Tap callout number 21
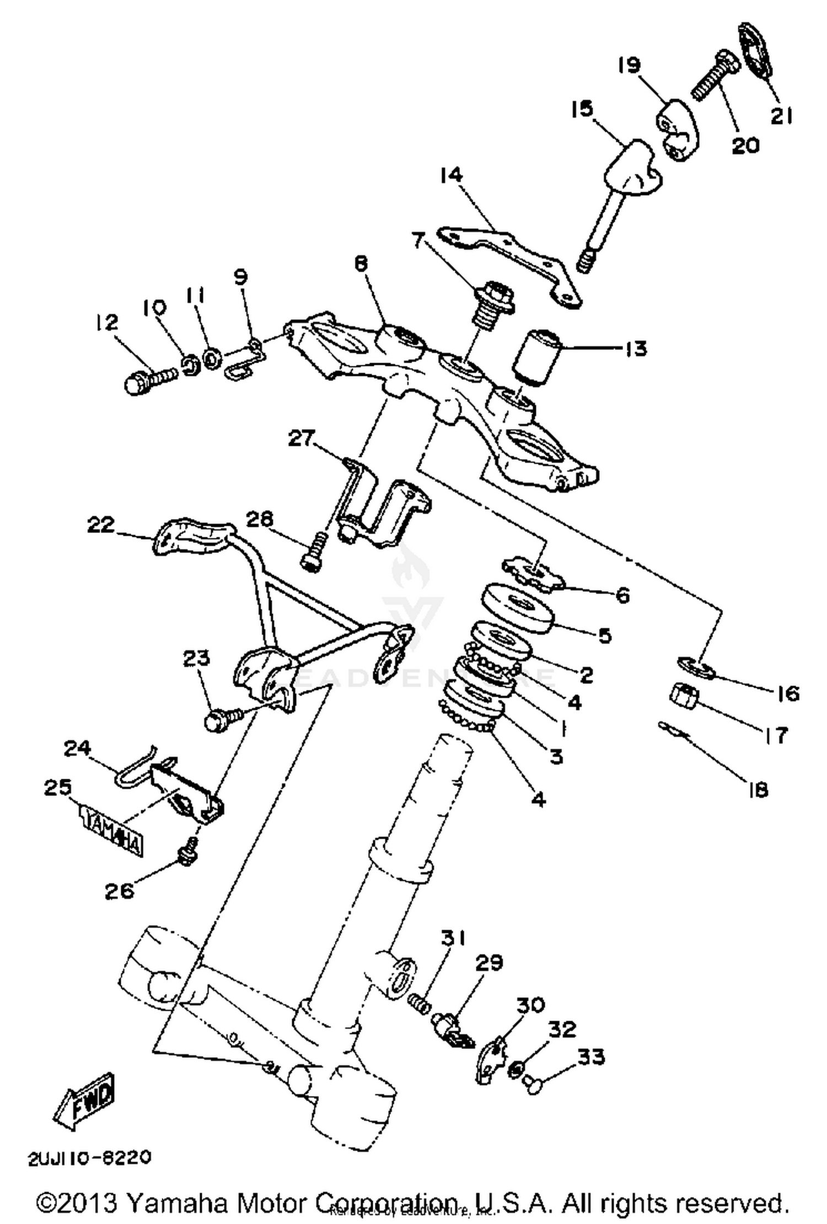pyautogui.click(x=781, y=116)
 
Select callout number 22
pyautogui.click(x=101, y=524)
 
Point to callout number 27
pyautogui.click(x=302, y=439)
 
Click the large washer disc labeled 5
pyautogui.click(x=518, y=608)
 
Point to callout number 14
pyautogui.click(x=452, y=176)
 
